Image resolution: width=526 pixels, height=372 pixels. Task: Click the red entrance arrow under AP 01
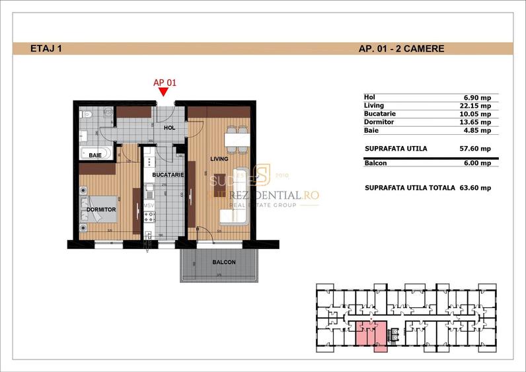point(164,93)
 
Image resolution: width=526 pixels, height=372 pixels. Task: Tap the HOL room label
point(169,128)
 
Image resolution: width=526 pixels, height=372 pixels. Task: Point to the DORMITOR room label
point(101,209)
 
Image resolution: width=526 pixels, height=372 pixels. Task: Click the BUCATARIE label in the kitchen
point(163,175)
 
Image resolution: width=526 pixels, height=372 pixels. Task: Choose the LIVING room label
point(219,159)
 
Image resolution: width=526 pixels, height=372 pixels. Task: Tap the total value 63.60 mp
point(474,188)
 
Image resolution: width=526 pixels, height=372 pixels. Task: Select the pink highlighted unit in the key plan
point(371,334)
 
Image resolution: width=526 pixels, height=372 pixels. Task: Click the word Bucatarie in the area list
point(380,114)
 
